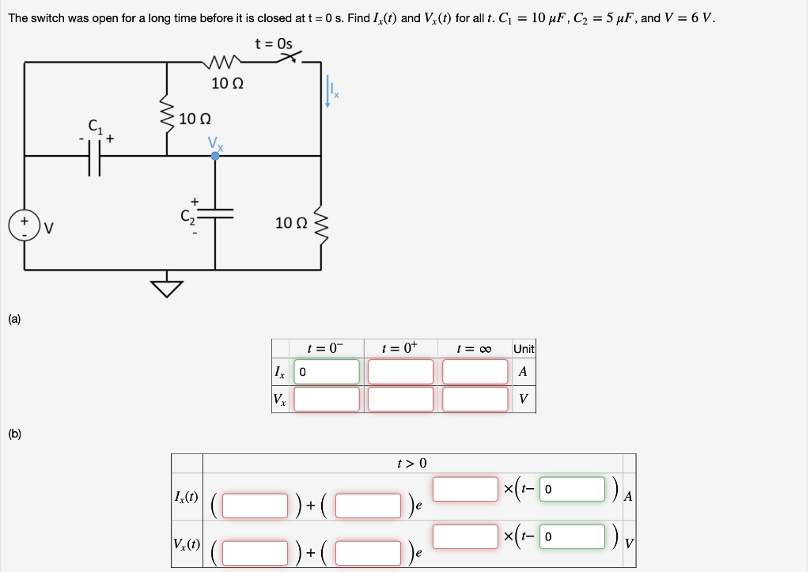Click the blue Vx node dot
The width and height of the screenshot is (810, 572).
214,156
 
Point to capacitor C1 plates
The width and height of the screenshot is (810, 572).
97,162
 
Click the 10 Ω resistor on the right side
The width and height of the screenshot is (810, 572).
320,223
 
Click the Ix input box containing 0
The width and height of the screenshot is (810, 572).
327,371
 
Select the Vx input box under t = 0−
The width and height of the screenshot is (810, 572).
327,399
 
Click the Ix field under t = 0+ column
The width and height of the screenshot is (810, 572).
400,371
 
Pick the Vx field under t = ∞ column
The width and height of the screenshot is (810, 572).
475,399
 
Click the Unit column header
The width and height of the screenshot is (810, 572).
524,349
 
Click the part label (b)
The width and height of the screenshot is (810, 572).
15,434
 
